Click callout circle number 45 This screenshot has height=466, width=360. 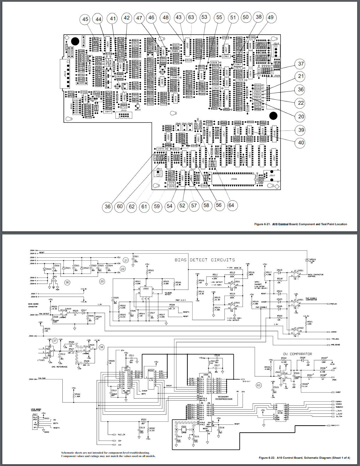pyautogui.click(x=85, y=19)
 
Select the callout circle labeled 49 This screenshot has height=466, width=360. pyautogui.click(x=271, y=17)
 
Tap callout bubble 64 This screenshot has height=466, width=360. pyautogui.click(x=231, y=205)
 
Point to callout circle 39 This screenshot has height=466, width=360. pyautogui.click(x=301, y=130)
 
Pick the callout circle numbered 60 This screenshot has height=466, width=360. pyautogui.click(x=120, y=206)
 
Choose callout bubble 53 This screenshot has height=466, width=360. pyautogui.click(x=204, y=17)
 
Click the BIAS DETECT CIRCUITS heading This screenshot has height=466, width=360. pyautogui.click(x=205, y=260)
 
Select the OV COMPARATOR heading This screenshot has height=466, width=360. pyautogui.click(x=297, y=354)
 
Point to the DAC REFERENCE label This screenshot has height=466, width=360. pyautogui.click(x=59, y=367)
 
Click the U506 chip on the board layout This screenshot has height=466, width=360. pyautogui.click(x=234, y=179)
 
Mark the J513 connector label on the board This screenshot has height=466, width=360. pyautogui.click(x=65, y=74)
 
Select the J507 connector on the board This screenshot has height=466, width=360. pyautogui.click(x=272, y=176)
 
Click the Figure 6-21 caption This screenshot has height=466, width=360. pyautogui.click(x=301, y=224)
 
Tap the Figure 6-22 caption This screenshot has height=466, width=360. pyautogui.click(x=304, y=458)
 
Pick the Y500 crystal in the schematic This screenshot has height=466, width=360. pyautogui.click(x=183, y=427)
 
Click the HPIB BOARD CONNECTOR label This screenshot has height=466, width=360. pyautogui.click(x=36, y=410)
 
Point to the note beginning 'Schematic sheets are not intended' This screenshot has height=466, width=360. pyautogui.click(x=108, y=454)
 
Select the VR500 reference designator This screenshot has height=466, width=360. pyautogui.click(x=313, y=260)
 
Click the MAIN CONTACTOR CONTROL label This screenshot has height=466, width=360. pyautogui.click(x=315, y=276)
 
